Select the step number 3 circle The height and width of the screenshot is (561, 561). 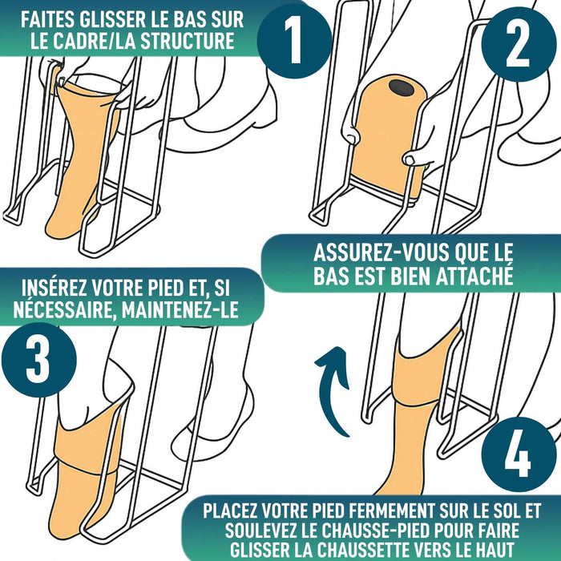(x=38, y=362)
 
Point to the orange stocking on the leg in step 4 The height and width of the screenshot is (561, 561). (x=417, y=417)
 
